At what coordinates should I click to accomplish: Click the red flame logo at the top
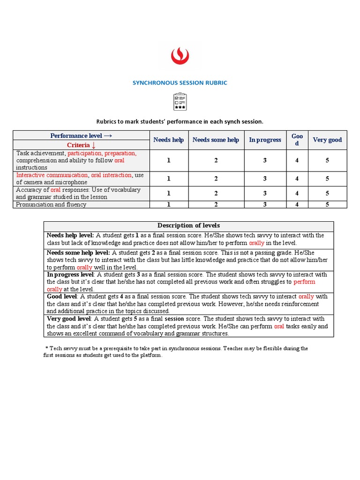(x=180, y=56)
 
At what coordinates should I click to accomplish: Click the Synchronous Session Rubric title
(x=180, y=83)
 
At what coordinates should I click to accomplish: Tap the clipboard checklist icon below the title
(x=180, y=102)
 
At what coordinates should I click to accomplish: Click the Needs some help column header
(x=216, y=140)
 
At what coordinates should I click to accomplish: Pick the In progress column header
(x=265, y=140)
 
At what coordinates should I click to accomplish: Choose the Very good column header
(x=327, y=140)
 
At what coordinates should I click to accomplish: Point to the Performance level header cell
(x=81, y=135)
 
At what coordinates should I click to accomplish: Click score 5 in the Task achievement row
(x=327, y=160)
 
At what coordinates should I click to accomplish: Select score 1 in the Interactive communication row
(x=169, y=179)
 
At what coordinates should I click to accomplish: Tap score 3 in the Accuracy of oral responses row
(x=265, y=193)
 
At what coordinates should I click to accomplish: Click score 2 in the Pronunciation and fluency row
(x=216, y=204)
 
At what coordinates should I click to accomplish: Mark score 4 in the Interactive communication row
(x=297, y=179)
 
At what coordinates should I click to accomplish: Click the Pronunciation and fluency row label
(x=51, y=204)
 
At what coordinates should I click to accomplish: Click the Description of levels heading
(x=188, y=226)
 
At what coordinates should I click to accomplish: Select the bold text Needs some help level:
(x=78, y=253)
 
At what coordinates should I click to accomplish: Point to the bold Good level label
(x=62, y=297)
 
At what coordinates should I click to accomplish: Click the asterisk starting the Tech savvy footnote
(x=47, y=349)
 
